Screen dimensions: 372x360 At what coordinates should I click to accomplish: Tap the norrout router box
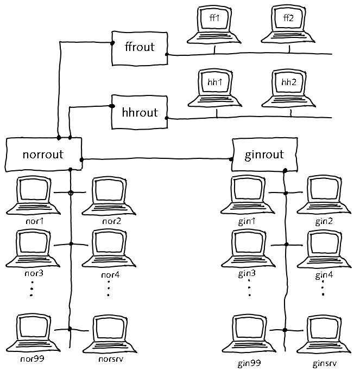pos(43,154)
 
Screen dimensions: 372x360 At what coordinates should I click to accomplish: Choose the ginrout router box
pos(264,155)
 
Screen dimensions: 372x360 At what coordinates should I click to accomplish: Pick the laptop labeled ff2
pos(289,26)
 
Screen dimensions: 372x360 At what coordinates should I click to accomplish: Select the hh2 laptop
pos(289,88)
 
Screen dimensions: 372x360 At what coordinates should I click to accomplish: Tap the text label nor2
pos(111,221)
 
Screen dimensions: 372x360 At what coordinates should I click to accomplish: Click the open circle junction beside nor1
pos(71,193)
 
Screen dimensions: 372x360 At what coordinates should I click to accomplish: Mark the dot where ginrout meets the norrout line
pos(231,159)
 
